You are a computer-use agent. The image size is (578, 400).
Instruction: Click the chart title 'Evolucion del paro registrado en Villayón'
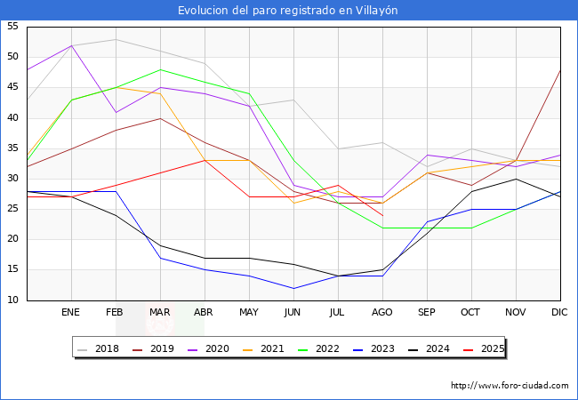(x=288, y=11)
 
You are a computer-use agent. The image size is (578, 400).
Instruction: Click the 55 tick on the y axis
(x=12, y=27)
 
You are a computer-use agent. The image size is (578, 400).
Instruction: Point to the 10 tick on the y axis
(x=12, y=300)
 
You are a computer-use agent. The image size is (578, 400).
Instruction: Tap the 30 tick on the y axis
(x=12, y=179)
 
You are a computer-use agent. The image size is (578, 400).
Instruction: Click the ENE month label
(x=71, y=313)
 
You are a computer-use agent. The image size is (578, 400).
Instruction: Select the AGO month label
(x=382, y=313)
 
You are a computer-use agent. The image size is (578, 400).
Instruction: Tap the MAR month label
(x=160, y=313)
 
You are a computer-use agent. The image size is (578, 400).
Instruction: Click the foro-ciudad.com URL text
(x=510, y=386)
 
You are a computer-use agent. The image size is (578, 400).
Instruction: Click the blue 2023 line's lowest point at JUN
(x=293, y=288)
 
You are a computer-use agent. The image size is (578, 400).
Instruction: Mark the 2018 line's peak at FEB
(x=116, y=39)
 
